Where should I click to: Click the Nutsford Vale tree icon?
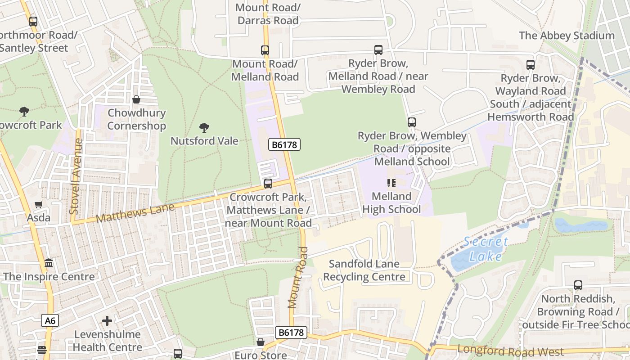coord(204,128)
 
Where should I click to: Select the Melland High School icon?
coord(391,183)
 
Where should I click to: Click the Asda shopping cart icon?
coord(39,205)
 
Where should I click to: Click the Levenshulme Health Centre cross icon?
coord(107,321)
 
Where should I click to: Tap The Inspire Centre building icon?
coord(49,263)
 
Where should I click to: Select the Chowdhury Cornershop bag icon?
coord(136,99)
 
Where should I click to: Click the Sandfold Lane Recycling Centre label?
coord(364,270)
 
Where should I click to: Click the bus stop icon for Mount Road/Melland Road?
coord(265,50)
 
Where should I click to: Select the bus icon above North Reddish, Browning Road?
coord(578,285)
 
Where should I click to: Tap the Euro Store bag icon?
coord(261,342)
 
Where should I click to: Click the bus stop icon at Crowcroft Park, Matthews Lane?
coord(268,183)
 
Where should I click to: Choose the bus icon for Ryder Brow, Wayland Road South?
coord(531,65)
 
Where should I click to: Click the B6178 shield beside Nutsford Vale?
coord(284,144)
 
